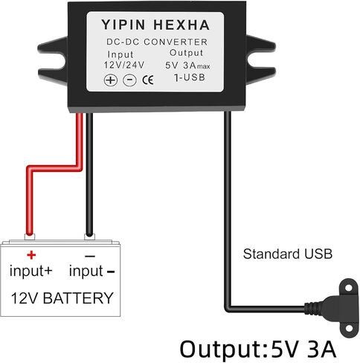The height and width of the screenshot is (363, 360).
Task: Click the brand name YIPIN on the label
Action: [123, 25]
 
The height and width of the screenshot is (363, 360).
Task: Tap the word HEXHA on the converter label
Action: [181, 25]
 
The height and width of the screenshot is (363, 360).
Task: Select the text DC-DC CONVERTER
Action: [157, 42]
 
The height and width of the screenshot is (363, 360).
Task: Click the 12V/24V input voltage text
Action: [124, 65]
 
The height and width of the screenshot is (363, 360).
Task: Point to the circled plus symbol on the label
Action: [111, 80]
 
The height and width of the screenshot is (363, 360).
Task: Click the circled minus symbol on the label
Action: [129, 80]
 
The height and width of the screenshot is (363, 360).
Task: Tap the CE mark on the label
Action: [148, 80]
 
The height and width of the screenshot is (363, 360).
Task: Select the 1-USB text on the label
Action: [190, 77]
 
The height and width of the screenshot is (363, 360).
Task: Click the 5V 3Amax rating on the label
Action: [187, 65]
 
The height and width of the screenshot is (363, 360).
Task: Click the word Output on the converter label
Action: [186, 53]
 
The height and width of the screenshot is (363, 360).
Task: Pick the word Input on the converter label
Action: [120, 54]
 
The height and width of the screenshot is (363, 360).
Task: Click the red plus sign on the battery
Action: [31, 255]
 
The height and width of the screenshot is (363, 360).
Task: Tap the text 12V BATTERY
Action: [62, 298]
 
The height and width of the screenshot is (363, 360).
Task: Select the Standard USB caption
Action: [288, 254]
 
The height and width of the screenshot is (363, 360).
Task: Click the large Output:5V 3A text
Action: [258, 349]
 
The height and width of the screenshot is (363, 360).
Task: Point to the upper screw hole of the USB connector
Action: [349, 288]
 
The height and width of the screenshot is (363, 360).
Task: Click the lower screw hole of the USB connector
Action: [349, 329]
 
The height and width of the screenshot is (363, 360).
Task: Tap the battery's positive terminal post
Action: [30, 237]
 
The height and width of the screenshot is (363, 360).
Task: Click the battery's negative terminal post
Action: [89, 237]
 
